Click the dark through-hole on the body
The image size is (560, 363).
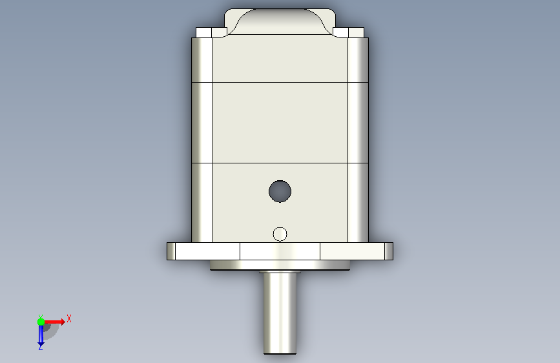tap(280, 191)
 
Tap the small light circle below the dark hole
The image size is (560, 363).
tap(280, 234)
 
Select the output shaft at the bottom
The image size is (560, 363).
tap(280, 313)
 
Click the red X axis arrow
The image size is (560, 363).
tap(54, 322)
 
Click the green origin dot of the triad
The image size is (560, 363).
tap(41, 322)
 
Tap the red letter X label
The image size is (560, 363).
tap(69, 318)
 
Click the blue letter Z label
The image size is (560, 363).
tap(41, 347)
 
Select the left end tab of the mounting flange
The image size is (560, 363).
tap(171, 251)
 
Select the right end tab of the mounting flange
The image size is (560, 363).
tap(389, 251)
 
